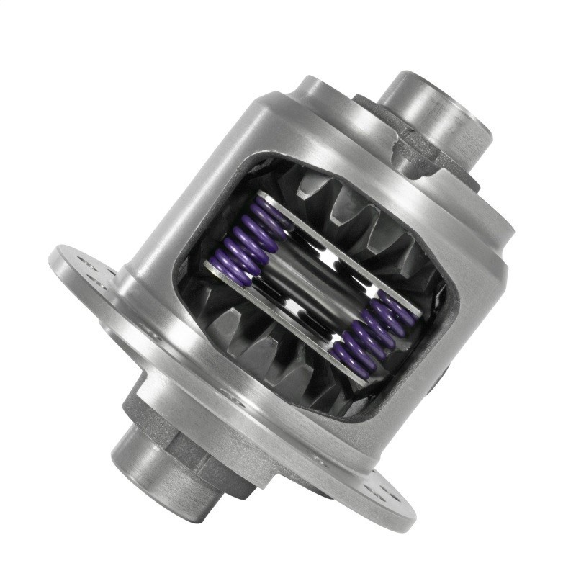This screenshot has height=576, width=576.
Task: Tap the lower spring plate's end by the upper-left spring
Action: pyautogui.click(x=216, y=270)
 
